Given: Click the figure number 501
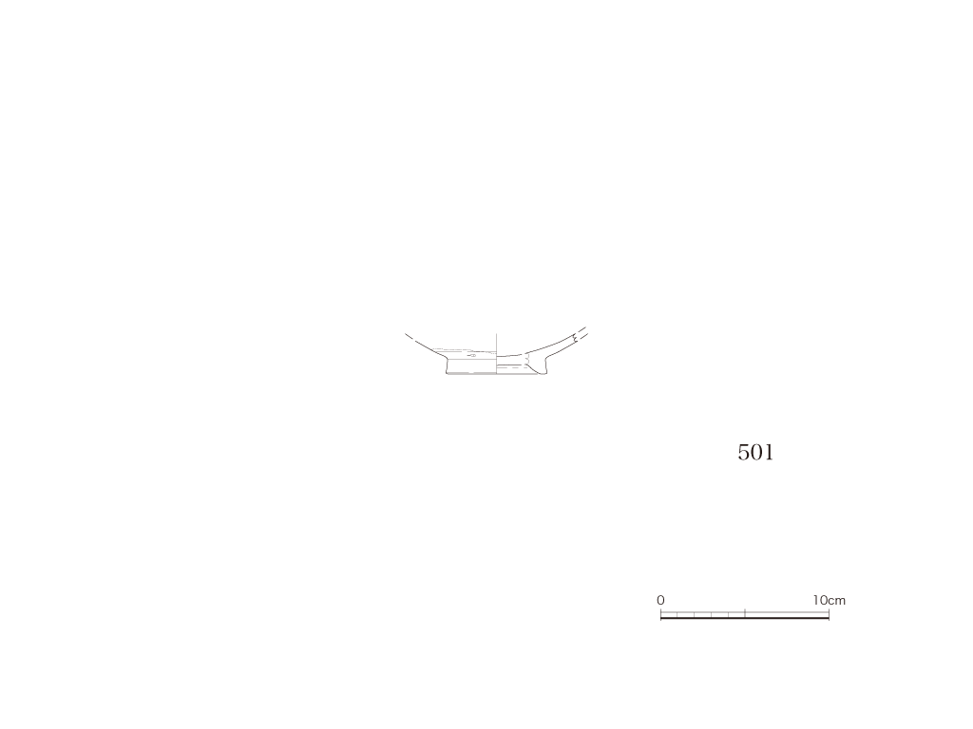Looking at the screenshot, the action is point(755,453).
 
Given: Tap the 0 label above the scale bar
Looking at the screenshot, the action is point(660,600).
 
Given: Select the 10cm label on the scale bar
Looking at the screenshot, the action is point(829,600).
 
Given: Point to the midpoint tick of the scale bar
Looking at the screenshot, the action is point(745,614).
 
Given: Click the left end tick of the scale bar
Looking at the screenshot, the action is point(661,614).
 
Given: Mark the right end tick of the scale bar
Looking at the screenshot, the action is point(829,614).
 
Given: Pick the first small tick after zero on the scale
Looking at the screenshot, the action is point(677,614).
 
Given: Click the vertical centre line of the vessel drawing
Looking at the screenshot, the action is point(496,354).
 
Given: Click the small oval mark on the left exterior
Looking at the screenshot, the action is point(471,356).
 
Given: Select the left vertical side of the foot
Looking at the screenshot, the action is point(448,366).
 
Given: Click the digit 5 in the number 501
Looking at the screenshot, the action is point(743,453).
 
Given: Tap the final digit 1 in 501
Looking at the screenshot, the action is point(769,453).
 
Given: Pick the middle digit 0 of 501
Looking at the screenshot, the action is point(756,453).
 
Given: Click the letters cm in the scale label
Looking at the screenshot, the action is point(837,601).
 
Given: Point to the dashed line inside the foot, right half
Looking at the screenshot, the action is point(511,369).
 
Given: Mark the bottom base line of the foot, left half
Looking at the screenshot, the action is point(471,374).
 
